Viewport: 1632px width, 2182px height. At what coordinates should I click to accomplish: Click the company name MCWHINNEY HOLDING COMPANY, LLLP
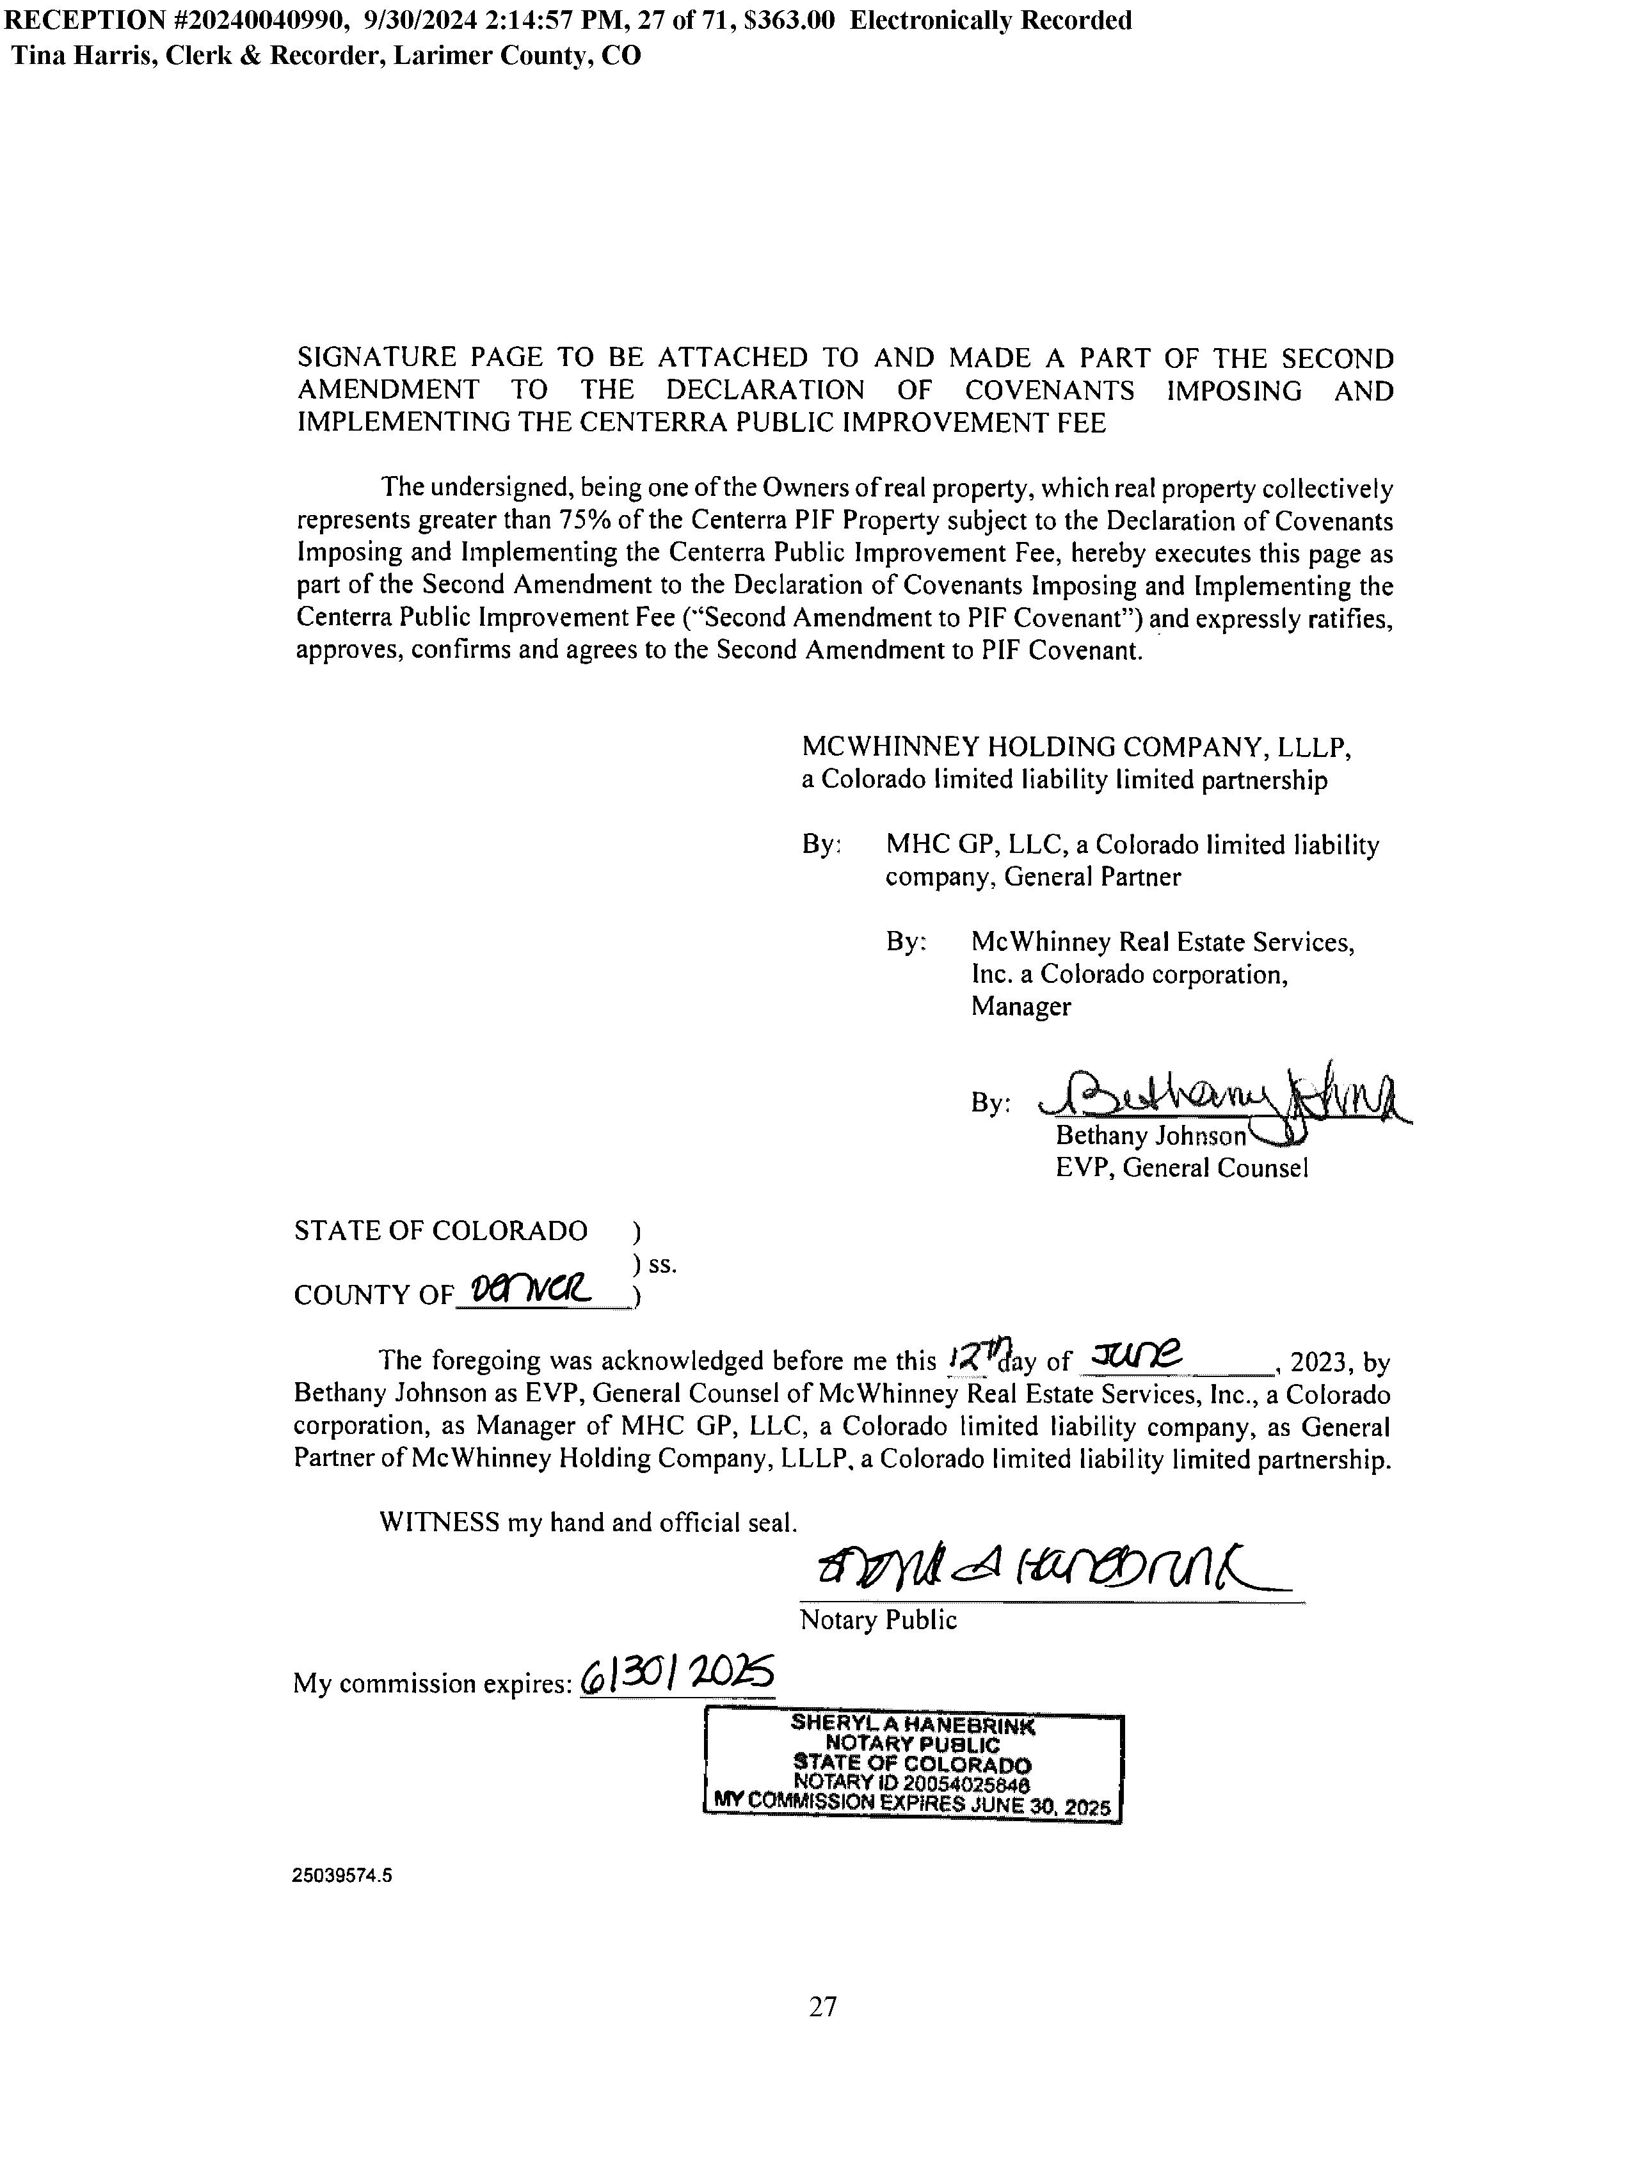(x=1075, y=748)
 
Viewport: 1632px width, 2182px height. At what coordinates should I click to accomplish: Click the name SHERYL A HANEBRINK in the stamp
(x=913, y=1724)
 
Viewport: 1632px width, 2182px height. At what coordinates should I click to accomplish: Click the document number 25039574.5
(x=341, y=1876)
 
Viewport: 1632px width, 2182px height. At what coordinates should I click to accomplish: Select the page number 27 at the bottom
(x=823, y=2007)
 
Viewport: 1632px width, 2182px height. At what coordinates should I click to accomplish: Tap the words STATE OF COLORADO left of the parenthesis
(x=440, y=1231)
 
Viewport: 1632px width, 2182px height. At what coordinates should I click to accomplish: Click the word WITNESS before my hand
(x=439, y=1522)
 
